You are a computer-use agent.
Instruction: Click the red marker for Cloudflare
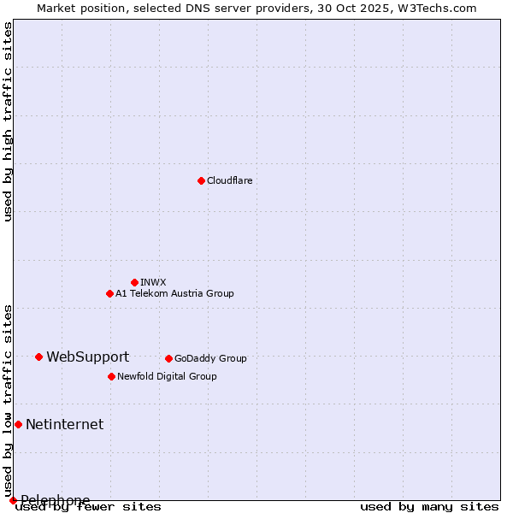point(201,180)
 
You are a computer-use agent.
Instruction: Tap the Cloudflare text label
point(229,180)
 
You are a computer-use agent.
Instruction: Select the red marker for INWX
point(134,282)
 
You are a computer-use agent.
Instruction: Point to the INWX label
point(153,282)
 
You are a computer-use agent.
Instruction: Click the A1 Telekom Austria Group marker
point(109,293)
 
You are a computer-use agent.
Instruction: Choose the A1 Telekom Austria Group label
point(174,293)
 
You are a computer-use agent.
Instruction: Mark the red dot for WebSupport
point(38,357)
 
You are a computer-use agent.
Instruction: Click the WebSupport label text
point(87,357)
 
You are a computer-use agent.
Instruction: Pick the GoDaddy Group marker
point(168,358)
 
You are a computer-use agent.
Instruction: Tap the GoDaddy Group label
point(209,358)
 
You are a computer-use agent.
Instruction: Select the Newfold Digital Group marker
point(111,376)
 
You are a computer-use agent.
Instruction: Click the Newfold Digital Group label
point(167,376)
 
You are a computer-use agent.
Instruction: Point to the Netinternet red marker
point(18,424)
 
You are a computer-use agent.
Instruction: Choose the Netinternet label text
point(64,424)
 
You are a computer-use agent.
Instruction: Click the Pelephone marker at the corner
point(13,500)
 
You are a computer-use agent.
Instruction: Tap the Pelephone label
point(55,500)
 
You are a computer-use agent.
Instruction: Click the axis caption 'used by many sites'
point(429,506)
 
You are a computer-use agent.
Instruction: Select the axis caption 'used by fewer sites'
point(88,506)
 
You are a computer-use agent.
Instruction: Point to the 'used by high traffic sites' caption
point(9,121)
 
